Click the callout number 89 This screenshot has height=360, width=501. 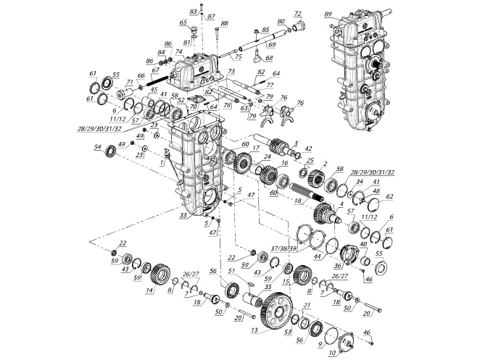tap(328, 14)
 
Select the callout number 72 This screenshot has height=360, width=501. tap(297, 14)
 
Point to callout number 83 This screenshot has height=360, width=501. tap(193, 12)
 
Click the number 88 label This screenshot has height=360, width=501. tap(224, 24)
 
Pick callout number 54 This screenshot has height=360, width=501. tap(97, 147)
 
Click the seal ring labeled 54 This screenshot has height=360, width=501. tap(111, 151)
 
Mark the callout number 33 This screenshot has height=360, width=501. tap(183, 215)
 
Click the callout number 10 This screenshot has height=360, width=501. tap(333, 353)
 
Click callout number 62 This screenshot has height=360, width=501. tap(389, 196)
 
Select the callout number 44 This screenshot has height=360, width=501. tap(317, 256)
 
